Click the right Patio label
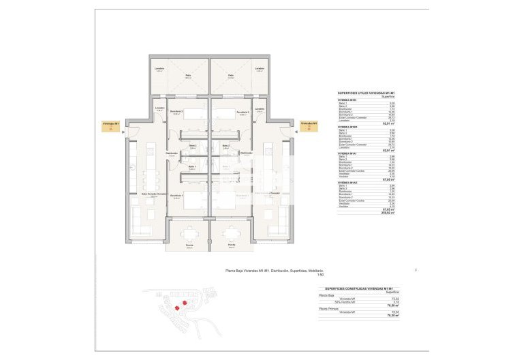click(231, 75)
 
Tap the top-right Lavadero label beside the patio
click(259, 69)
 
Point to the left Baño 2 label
click(193, 146)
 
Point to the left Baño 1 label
click(193, 166)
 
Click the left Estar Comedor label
click(154, 194)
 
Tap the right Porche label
click(232, 244)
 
